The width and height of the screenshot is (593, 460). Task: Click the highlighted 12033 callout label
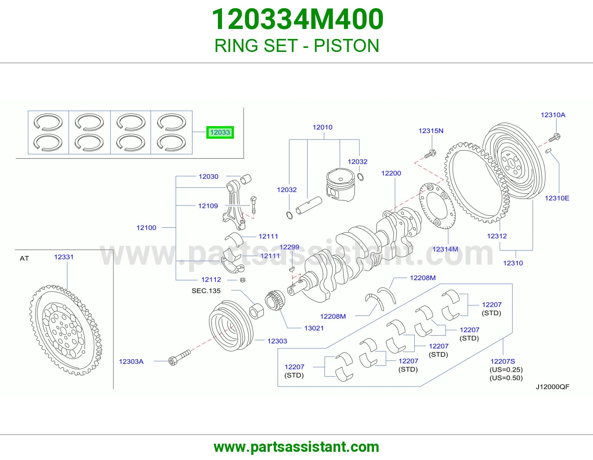coord(220,132)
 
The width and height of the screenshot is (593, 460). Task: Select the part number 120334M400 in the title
coord(298,19)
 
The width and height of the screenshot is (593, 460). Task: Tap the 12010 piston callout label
coord(322,127)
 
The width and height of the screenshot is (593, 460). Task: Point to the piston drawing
coord(341,185)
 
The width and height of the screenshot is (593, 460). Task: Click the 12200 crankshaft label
coord(391,173)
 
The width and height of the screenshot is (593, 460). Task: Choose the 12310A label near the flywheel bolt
coord(553,115)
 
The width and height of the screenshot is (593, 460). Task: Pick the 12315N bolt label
coord(431,131)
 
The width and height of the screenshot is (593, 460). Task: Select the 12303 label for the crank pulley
coord(277,341)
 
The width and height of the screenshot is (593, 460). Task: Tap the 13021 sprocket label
coord(314,328)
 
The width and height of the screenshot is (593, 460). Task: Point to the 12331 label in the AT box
coord(64,257)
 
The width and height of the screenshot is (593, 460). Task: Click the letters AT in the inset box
coord(24,259)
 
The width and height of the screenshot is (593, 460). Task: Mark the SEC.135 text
coord(206,290)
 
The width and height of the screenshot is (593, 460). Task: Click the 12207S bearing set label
coord(503,361)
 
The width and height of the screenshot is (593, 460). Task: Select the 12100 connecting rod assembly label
coord(146,228)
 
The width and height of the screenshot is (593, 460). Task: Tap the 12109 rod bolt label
coord(208,206)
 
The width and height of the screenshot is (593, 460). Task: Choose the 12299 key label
coord(289,247)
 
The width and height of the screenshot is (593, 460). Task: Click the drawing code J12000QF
coord(553,387)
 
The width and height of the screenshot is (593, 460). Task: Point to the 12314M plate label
coord(445,249)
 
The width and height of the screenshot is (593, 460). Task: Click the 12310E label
coord(557,198)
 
